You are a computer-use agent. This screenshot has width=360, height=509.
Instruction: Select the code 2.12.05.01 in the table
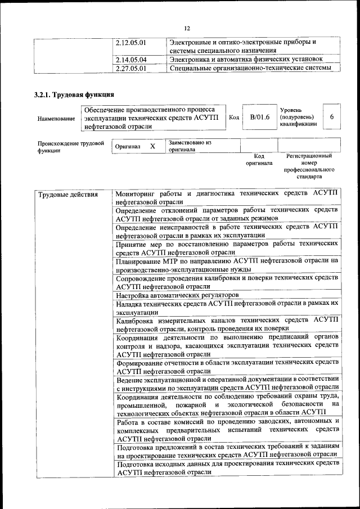pyautogui.click(x=130, y=42)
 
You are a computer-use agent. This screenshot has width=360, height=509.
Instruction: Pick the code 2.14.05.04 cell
pyautogui.click(x=130, y=59)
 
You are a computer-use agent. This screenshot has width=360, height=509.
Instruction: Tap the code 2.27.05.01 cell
pyautogui.click(x=130, y=69)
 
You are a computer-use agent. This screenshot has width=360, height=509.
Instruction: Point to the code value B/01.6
pyautogui.click(x=260, y=117)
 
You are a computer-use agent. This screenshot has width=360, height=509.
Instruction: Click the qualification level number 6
pyautogui.click(x=332, y=116)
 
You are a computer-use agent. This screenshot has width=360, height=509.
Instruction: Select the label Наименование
pyautogui.click(x=56, y=119)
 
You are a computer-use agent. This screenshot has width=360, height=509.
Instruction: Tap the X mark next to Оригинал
pyautogui.click(x=152, y=146)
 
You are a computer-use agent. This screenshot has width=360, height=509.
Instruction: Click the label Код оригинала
pyautogui.click(x=259, y=159)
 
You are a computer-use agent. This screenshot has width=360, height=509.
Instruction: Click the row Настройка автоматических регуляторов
pyautogui.click(x=178, y=295)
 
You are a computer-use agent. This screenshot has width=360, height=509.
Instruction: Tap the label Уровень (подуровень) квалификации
pyautogui.click(x=298, y=116)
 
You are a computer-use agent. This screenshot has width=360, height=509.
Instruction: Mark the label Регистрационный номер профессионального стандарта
pyautogui.click(x=309, y=166)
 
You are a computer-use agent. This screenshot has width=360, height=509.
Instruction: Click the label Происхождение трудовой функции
pyautogui.click(x=71, y=147)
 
